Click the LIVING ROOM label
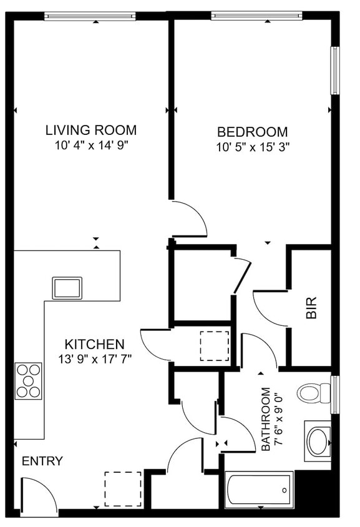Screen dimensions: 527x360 [91, 131]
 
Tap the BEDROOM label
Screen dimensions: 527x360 [252, 132]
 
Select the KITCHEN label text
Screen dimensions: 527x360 [95, 344]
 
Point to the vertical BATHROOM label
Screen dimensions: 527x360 [266, 419]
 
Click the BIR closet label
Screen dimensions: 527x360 [312, 308]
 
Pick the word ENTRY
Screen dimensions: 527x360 [42, 461]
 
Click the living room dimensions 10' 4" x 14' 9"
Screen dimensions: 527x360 [91, 145]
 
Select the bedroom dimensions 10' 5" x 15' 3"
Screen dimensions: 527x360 [252, 147]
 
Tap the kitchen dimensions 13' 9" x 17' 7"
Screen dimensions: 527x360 [95, 358]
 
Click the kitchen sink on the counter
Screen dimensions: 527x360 [67, 288]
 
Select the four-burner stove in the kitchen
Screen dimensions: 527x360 [28, 380]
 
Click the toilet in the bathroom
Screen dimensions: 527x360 [314, 393]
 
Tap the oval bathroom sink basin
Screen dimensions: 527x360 [318, 440]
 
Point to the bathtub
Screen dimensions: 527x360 [259, 490]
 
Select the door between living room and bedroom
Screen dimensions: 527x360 [189, 219]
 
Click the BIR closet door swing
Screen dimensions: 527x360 [270, 308]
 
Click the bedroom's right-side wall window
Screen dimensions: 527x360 [335, 70]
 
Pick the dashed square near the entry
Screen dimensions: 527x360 [123, 488]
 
